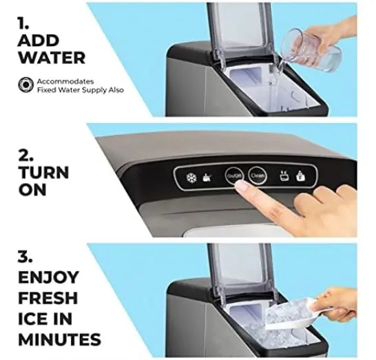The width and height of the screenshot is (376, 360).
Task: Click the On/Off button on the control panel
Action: (x=234, y=176)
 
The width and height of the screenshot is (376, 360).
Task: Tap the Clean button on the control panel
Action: (x=258, y=176)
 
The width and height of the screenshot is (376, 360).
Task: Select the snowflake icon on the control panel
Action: (x=191, y=178)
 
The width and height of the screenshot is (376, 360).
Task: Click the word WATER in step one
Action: (x=52, y=58)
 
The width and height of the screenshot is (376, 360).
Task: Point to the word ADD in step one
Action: (x=39, y=41)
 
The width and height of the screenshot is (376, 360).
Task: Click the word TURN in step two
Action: (x=43, y=173)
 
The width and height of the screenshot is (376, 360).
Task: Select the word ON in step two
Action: (x=32, y=190)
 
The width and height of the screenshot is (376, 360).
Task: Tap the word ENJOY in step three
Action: (x=48, y=277)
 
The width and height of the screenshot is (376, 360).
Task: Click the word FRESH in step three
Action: (x=48, y=297)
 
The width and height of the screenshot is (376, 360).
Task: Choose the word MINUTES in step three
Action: (x=59, y=339)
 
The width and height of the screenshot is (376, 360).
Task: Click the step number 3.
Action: (x=24, y=257)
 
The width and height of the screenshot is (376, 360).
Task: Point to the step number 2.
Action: (x=25, y=156)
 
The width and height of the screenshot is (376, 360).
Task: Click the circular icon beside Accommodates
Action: (x=25, y=85)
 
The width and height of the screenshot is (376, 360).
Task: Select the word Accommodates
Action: (x=65, y=81)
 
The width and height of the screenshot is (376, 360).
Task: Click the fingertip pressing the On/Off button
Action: (x=241, y=186)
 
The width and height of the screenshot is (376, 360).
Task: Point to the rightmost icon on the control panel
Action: (x=300, y=176)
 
